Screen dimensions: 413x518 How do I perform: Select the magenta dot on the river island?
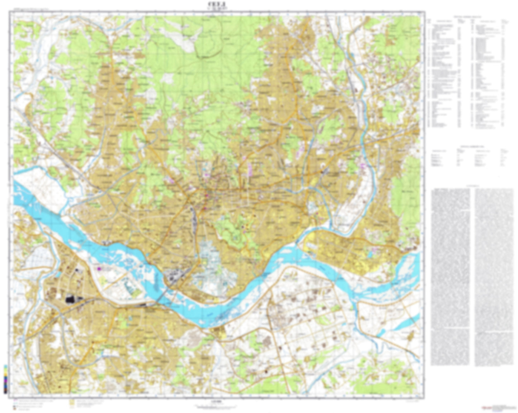coord(99,267)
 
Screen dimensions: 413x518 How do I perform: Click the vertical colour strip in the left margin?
coord(5,379)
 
